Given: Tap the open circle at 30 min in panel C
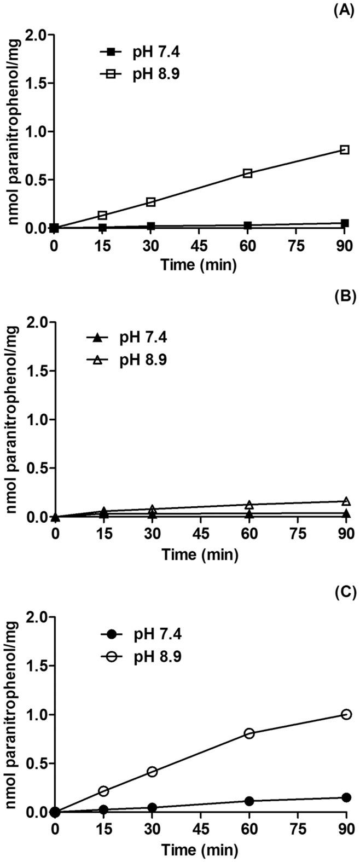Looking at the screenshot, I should click(x=152, y=772).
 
